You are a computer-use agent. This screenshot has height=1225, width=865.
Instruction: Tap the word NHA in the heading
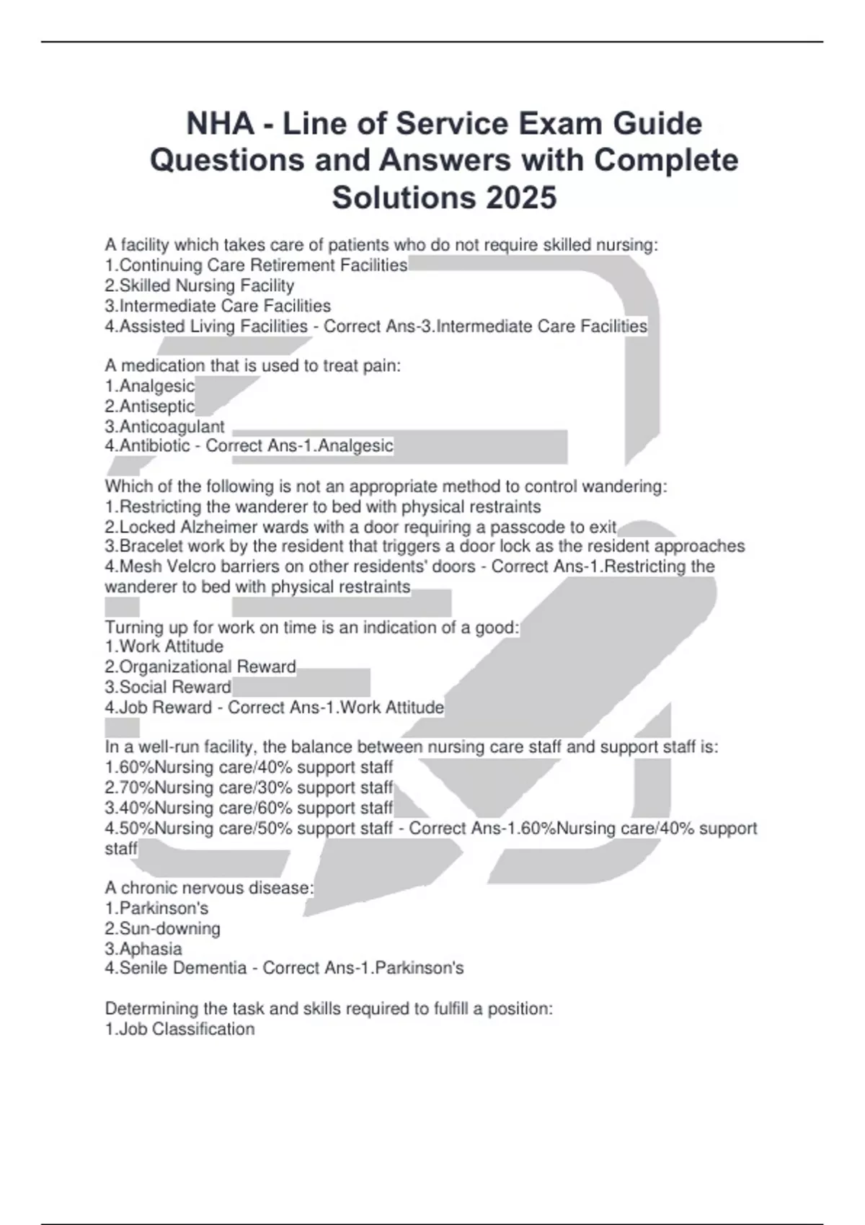pos(221,124)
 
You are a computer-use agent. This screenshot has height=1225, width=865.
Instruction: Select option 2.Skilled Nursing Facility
pos(200,285)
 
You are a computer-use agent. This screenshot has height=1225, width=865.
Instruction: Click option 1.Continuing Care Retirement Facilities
pos(257,265)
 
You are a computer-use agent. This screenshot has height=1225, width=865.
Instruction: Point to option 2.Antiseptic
pos(150,406)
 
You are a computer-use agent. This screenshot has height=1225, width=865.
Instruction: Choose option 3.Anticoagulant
pos(165,427)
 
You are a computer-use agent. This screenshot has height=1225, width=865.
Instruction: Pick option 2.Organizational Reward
pos(200,667)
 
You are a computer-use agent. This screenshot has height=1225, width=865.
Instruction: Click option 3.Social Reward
pos(168,687)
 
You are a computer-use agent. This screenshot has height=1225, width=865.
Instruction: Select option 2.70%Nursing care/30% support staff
pos(249,788)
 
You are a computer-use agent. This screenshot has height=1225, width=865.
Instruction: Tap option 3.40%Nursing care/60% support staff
pos(249,808)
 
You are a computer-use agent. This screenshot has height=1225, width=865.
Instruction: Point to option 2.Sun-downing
pos(163,928)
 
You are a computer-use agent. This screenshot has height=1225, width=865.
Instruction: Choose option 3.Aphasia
pos(143,948)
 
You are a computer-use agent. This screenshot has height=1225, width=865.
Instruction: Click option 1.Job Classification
pos(180,1029)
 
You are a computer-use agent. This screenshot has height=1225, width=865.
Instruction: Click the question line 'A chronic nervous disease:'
pos(210,888)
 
